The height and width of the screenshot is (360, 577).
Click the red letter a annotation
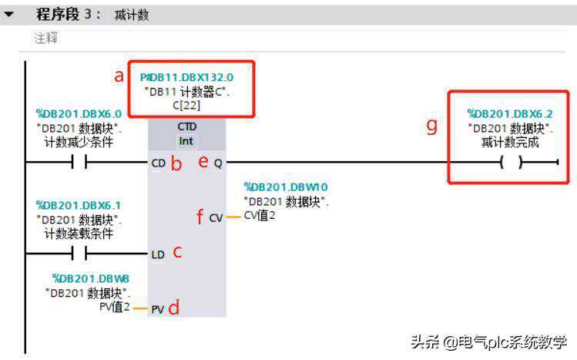click(x=119, y=76)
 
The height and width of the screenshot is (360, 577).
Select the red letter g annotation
click(x=432, y=126)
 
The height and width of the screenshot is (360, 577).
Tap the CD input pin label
click(x=159, y=163)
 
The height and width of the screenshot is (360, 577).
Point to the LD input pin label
click(x=158, y=254)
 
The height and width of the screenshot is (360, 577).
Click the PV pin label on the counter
click(x=158, y=309)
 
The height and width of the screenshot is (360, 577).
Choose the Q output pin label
click(x=217, y=163)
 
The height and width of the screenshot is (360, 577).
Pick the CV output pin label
click(x=216, y=218)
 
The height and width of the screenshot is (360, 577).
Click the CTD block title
click(x=186, y=127)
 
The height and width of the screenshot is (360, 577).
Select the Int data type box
click(x=186, y=141)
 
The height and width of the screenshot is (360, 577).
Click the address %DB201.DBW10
click(x=286, y=187)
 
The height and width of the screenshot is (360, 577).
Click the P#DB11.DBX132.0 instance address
click(x=187, y=77)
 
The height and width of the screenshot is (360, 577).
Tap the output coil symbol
click(x=510, y=163)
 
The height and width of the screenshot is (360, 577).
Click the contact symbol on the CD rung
click(x=79, y=163)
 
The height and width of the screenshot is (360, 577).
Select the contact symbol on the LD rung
click(x=79, y=254)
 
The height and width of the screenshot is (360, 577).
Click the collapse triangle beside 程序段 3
click(x=9, y=15)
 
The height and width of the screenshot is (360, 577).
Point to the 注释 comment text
click(x=45, y=37)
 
